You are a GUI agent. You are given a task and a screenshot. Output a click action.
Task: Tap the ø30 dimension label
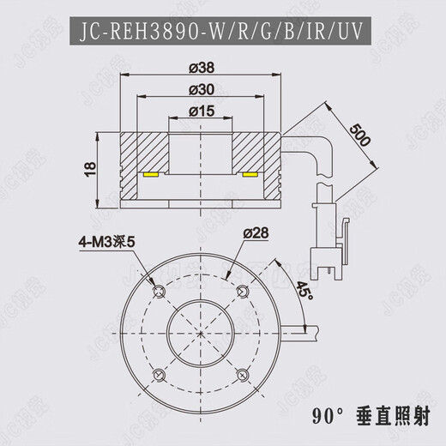point(202,90)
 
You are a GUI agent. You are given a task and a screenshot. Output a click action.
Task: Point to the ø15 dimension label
point(202,111)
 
